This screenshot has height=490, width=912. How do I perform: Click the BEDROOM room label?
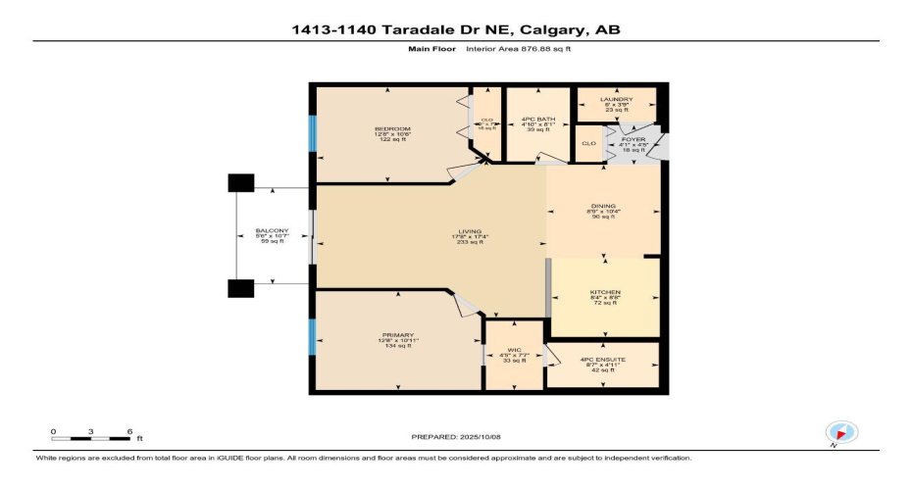pos(391,129)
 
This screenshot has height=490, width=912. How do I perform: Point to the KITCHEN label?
pos(605,291)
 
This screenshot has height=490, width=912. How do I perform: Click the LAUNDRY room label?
pos(617,99)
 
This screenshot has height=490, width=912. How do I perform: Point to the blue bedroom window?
pos(313,133)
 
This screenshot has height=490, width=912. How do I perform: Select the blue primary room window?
pos(313,338)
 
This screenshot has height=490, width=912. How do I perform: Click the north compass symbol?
pos(841,432)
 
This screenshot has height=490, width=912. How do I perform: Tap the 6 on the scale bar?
pos(129,431)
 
